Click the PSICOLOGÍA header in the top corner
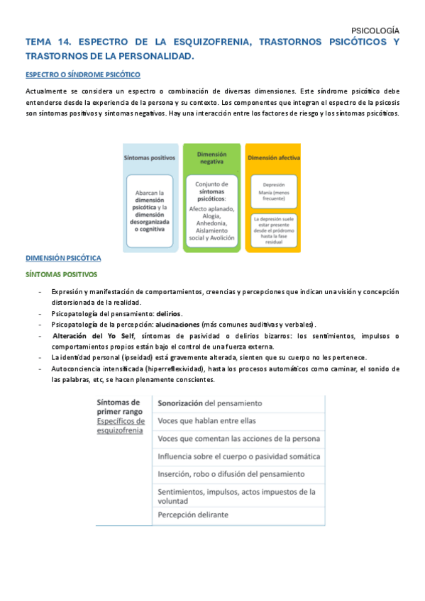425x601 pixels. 375,30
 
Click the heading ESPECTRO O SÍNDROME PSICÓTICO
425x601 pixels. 83,74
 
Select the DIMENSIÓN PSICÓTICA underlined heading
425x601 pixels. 63,258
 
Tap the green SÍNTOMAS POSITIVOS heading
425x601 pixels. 62,274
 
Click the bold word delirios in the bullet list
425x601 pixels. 168,313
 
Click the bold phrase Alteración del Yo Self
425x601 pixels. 93,335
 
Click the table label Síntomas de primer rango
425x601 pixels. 118,408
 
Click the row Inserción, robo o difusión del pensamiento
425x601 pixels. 231,473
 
